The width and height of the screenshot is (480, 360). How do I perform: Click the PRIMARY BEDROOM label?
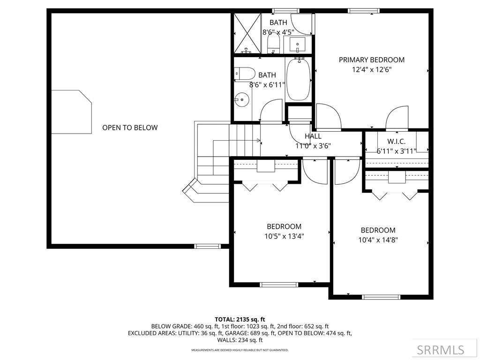(x=372, y=60)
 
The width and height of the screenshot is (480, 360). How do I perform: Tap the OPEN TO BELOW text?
(x=130, y=127)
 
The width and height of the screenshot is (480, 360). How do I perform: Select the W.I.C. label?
(x=396, y=141)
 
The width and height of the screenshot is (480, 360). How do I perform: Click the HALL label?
(x=313, y=136)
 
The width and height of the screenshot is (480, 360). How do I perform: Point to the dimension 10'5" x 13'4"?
(x=284, y=236)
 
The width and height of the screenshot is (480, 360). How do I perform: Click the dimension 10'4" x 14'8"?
(x=378, y=240)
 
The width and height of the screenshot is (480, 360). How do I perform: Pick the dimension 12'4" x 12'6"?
(x=372, y=70)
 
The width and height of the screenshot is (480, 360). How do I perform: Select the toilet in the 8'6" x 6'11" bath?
(x=244, y=73)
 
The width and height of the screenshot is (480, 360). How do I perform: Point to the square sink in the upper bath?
(x=298, y=45)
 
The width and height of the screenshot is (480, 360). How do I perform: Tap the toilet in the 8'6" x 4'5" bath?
(x=273, y=45)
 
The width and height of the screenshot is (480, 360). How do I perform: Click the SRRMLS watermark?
(x=441, y=350)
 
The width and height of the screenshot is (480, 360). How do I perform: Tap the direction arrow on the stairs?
(x=258, y=140)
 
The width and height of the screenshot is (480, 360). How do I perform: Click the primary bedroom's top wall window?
(x=363, y=10)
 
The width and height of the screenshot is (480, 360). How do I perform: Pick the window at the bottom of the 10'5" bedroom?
(x=279, y=284)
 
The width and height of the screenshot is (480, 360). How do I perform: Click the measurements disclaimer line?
(x=240, y=350)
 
